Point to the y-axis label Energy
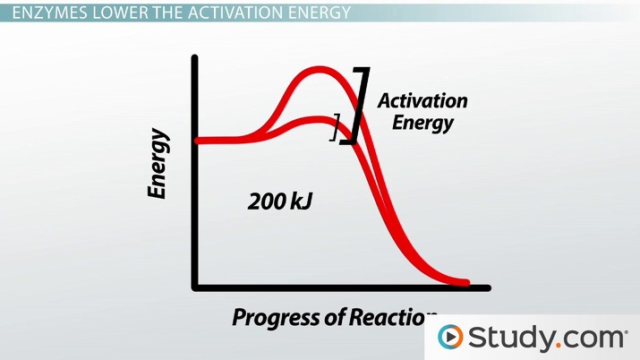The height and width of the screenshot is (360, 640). coord(158,164)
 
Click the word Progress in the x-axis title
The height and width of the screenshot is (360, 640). coord(272,317)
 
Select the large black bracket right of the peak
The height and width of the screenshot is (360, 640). coord(359,106)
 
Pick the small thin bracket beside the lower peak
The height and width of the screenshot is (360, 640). coord(336,127)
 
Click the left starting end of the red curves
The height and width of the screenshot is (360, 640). coord(199,141)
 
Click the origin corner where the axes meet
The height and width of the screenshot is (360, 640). coord(194,287)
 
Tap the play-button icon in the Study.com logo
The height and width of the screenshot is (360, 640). coord(451,338)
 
